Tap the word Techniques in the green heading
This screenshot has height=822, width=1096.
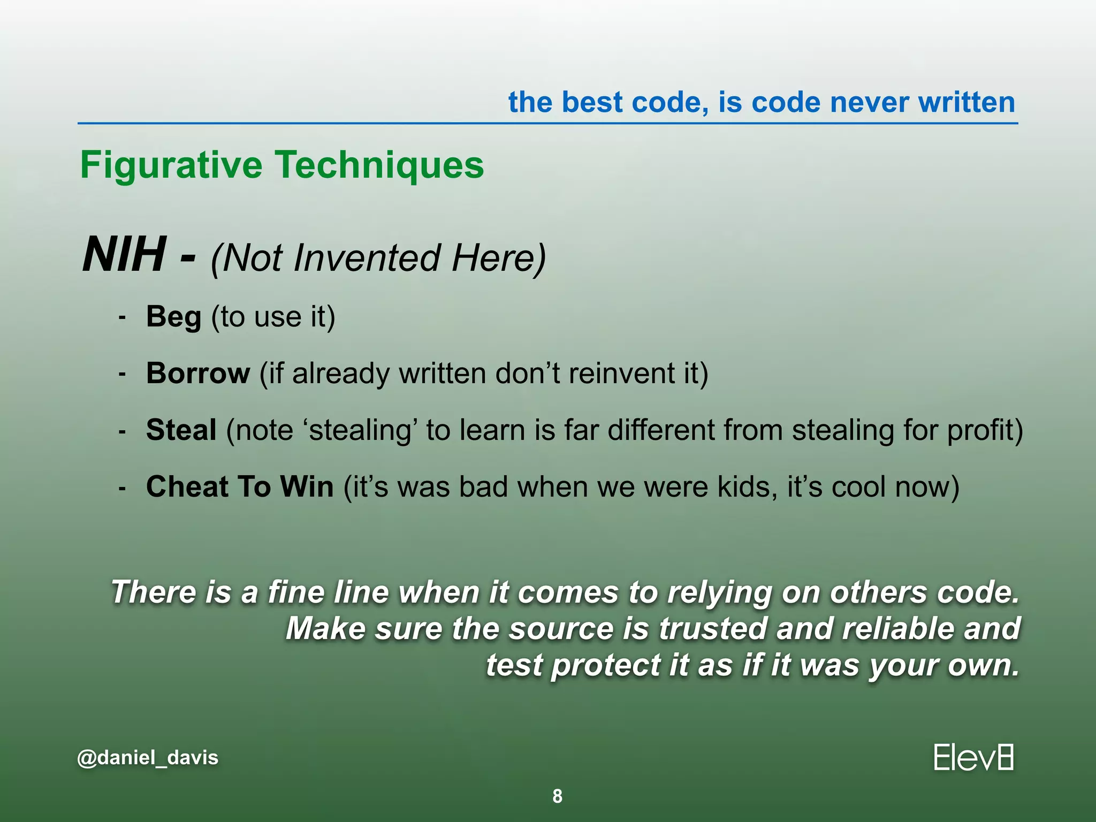click(x=379, y=165)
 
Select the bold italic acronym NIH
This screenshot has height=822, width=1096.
click(x=124, y=255)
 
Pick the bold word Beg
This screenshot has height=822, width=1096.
click(x=173, y=316)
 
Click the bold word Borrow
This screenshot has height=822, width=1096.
click(x=198, y=373)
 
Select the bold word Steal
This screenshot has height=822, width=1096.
click(x=181, y=430)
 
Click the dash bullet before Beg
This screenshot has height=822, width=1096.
click(x=123, y=318)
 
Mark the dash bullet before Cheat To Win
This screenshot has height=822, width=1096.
click(x=123, y=488)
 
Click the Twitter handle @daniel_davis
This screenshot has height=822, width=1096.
click(x=148, y=757)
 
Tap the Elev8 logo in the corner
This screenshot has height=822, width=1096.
click(x=973, y=757)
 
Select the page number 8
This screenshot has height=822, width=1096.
click(x=557, y=796)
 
